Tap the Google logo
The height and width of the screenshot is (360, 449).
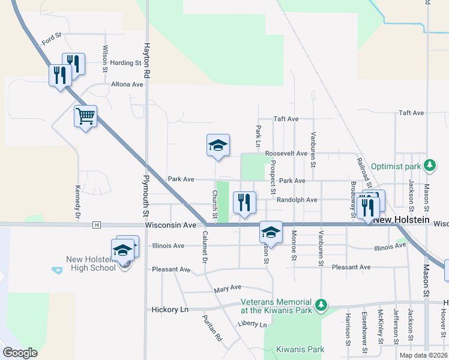click(20, 353)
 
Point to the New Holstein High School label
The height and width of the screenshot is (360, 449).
click(91, 263)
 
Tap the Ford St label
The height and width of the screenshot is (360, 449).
click(52, 40)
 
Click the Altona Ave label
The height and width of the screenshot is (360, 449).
click(127, 85)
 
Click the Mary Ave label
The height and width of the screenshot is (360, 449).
click(228, 289)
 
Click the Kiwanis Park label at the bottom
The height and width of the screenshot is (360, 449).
click(300, 349)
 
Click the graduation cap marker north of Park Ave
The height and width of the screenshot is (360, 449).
click(218, 145)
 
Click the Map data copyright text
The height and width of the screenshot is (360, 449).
click(423, 355)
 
